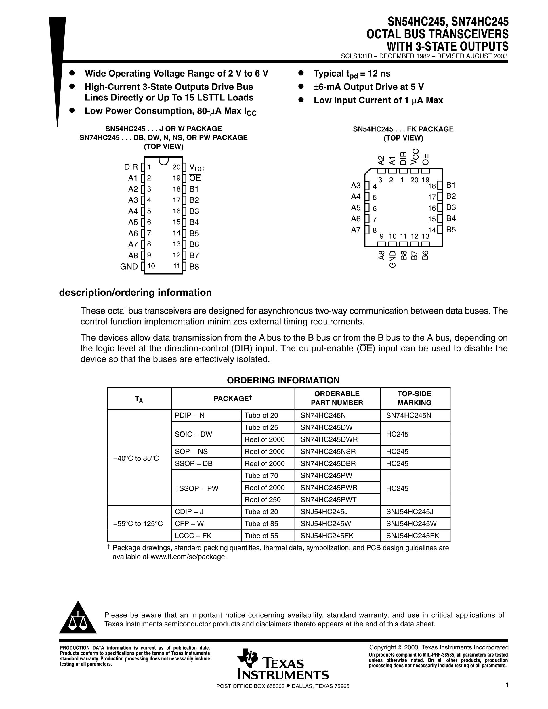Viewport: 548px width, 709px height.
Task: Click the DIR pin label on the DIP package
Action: [x=131, y=167]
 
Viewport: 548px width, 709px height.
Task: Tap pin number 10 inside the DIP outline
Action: [x=151, y=266]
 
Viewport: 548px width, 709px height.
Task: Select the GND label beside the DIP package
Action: [x=129, y=267]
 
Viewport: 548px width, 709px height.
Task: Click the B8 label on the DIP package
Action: [x=194, y=267]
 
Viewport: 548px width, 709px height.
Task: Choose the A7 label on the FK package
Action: [x=356, y=230]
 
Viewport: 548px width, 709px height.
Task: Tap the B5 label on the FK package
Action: [x=451, y=230]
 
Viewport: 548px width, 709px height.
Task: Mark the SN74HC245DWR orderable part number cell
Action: [x=329, y=439]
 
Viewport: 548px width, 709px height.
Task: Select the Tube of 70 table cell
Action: [x=261, y=475]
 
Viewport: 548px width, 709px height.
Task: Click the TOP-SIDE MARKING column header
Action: [x=414, y=398]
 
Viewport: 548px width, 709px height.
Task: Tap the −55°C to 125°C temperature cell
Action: [x=138, y=524]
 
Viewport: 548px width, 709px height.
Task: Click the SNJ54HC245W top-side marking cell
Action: [x=411, y=524]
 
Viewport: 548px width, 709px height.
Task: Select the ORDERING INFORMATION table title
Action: [x=283, y=380]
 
